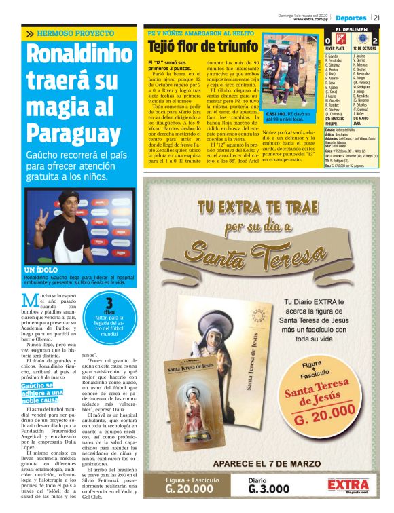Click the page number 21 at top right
(x=376, y=17)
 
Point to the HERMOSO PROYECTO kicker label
(x=71, y=33)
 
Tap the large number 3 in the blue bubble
(x=109, y=303)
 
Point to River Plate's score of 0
(x=328, y=42)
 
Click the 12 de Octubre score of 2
(x=374, y=42)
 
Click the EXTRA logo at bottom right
(x=348, y=485)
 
